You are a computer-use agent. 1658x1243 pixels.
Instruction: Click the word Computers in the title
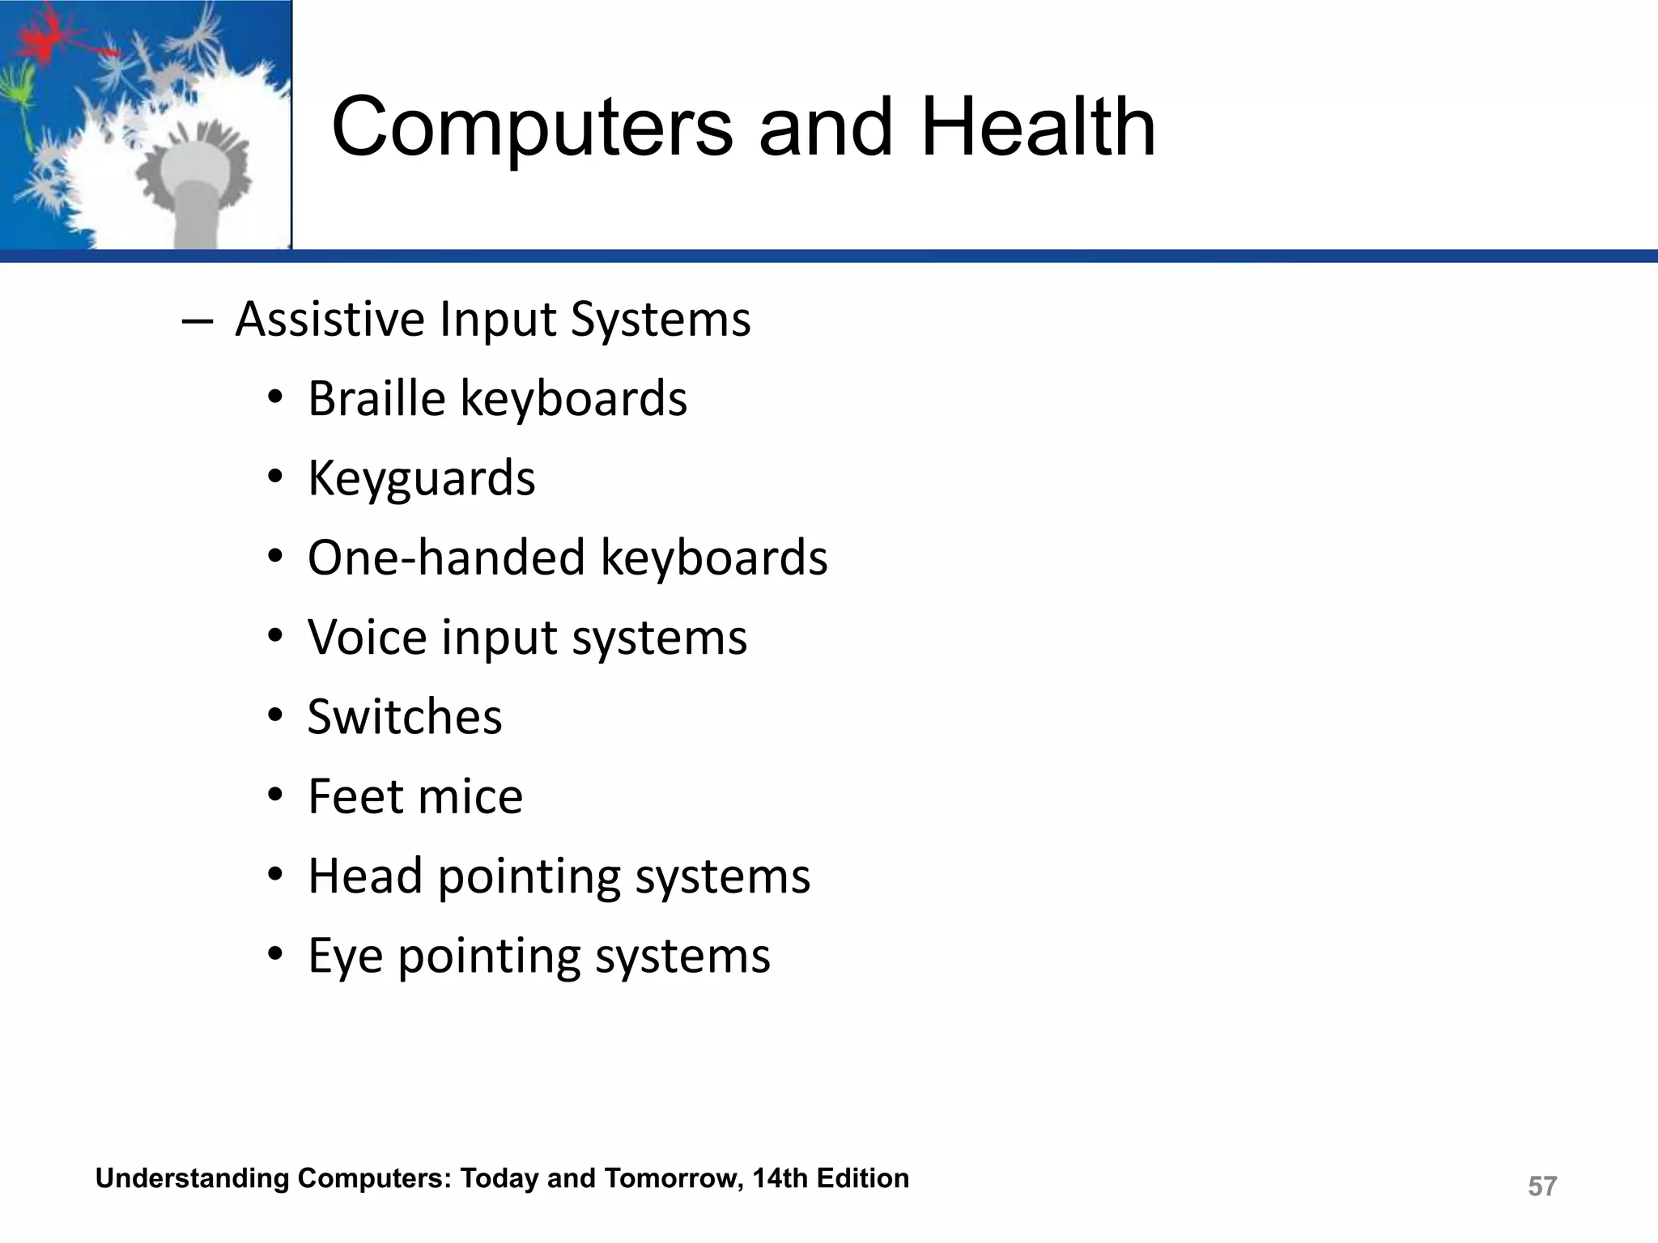tap(532, 127)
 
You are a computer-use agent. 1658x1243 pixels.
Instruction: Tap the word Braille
tap(376, 398)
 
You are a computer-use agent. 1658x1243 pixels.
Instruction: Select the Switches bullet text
tap(405, 717)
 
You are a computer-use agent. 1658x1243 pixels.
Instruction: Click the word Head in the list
tap(365, 876)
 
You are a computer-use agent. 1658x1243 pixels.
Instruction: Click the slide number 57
tap(1541, 1186)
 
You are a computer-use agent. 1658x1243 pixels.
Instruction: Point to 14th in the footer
tap(780, 1178)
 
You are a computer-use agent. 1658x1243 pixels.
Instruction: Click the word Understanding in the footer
tap(192, 1178)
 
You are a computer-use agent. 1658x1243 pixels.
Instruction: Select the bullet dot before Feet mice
tap(275, 797)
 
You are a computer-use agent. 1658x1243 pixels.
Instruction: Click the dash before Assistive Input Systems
tap(198, 321)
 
